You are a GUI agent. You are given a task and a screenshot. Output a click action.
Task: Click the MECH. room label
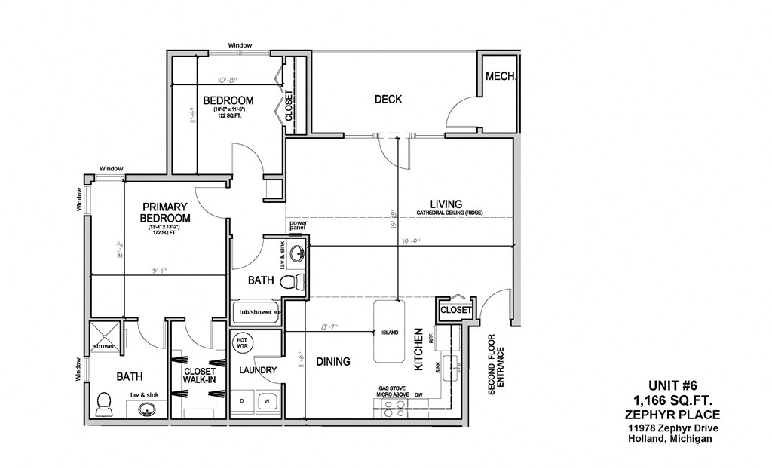[x=500, y=76]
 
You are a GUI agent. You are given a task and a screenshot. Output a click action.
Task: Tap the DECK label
[x=388, y=99]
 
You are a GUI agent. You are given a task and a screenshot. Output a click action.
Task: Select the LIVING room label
[x=446, y=204]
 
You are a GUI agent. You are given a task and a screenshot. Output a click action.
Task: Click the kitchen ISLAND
[x=389, y=333]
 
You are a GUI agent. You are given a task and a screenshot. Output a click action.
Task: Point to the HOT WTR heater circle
[x=243, y=343]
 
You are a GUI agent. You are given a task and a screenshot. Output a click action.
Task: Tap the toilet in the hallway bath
[x=293, y=282]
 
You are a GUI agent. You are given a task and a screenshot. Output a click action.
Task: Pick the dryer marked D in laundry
[x=242, y=400]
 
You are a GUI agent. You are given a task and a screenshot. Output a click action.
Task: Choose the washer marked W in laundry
[x=266, y=400]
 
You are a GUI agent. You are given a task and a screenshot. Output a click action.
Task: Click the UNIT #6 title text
[x=672, y=385]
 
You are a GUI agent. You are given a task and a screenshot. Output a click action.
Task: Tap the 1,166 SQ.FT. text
[x=672, y=400]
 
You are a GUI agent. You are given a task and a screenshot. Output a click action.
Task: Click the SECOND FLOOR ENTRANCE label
[x=496, y=365]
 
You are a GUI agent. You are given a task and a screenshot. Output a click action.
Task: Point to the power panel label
[x=298, y=225]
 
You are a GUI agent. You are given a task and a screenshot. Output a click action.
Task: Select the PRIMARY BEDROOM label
[x=164, y=212]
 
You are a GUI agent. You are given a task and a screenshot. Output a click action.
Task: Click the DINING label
[x=332, y=361]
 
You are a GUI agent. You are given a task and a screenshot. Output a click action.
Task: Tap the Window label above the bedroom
[x=240, y=45]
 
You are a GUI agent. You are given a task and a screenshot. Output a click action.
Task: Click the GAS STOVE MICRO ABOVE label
[x=394, y=392]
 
